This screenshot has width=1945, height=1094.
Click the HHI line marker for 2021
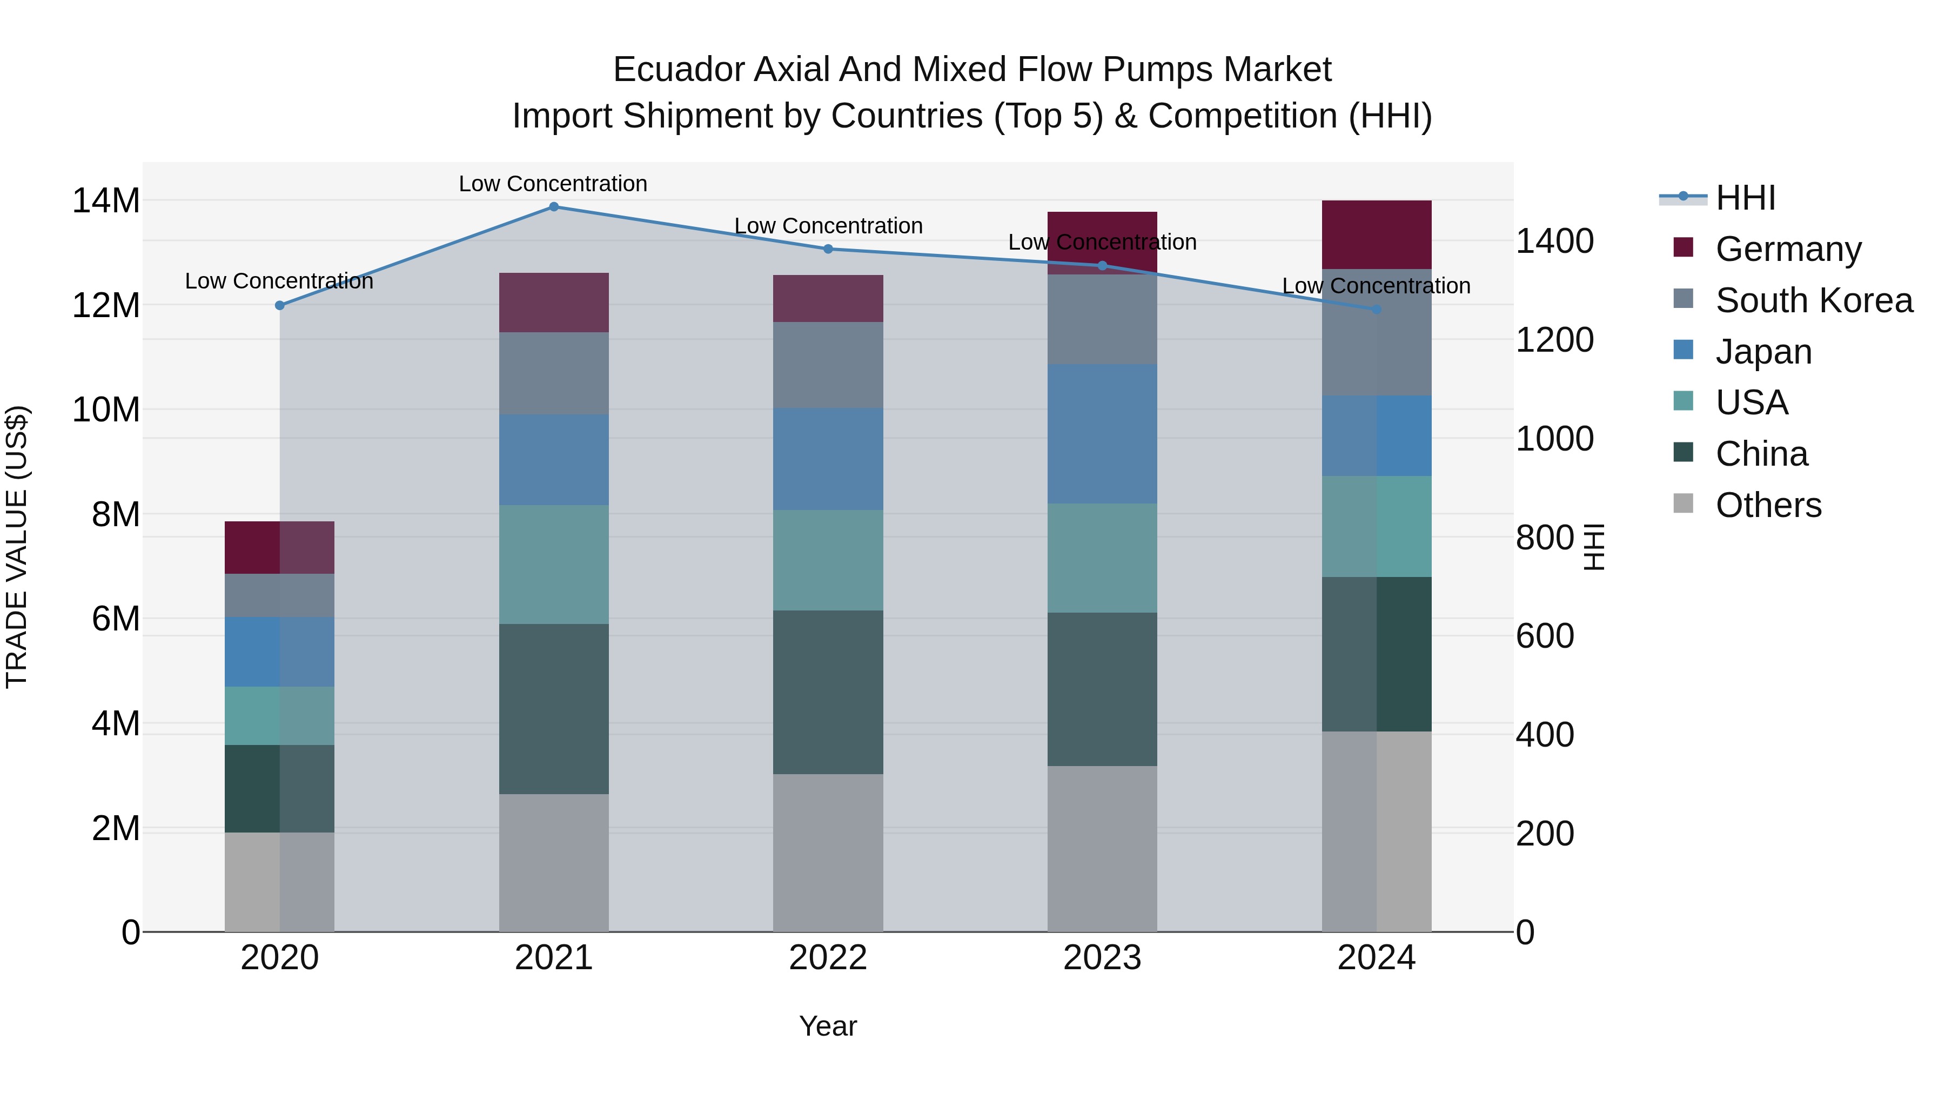(553, 207)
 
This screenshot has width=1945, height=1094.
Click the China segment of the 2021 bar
(553, 708)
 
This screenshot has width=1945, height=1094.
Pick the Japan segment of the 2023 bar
(1102, 434)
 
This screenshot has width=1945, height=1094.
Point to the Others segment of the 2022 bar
(828, 853)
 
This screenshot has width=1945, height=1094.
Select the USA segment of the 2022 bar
(828, 560)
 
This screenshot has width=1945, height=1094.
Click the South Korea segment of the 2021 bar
(553, 373)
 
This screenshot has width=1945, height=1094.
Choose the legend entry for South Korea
(1814, 300)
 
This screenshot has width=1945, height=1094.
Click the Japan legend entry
(1763, 352)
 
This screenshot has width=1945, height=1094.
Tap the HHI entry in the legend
(1745, 198)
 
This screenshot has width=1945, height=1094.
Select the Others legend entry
(1768, 505)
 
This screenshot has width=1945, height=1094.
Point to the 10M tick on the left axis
(106, 410)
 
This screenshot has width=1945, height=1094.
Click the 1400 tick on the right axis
(1554, 241)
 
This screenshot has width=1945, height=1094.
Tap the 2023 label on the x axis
(1102, 958)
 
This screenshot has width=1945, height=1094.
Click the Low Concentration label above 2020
(279, 281)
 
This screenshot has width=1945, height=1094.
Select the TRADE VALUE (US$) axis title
(17, 547)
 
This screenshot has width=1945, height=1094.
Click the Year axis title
(828, 1026)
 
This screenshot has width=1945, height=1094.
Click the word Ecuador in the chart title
(676, 70)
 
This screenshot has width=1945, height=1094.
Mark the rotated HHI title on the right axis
(1593, 547)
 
